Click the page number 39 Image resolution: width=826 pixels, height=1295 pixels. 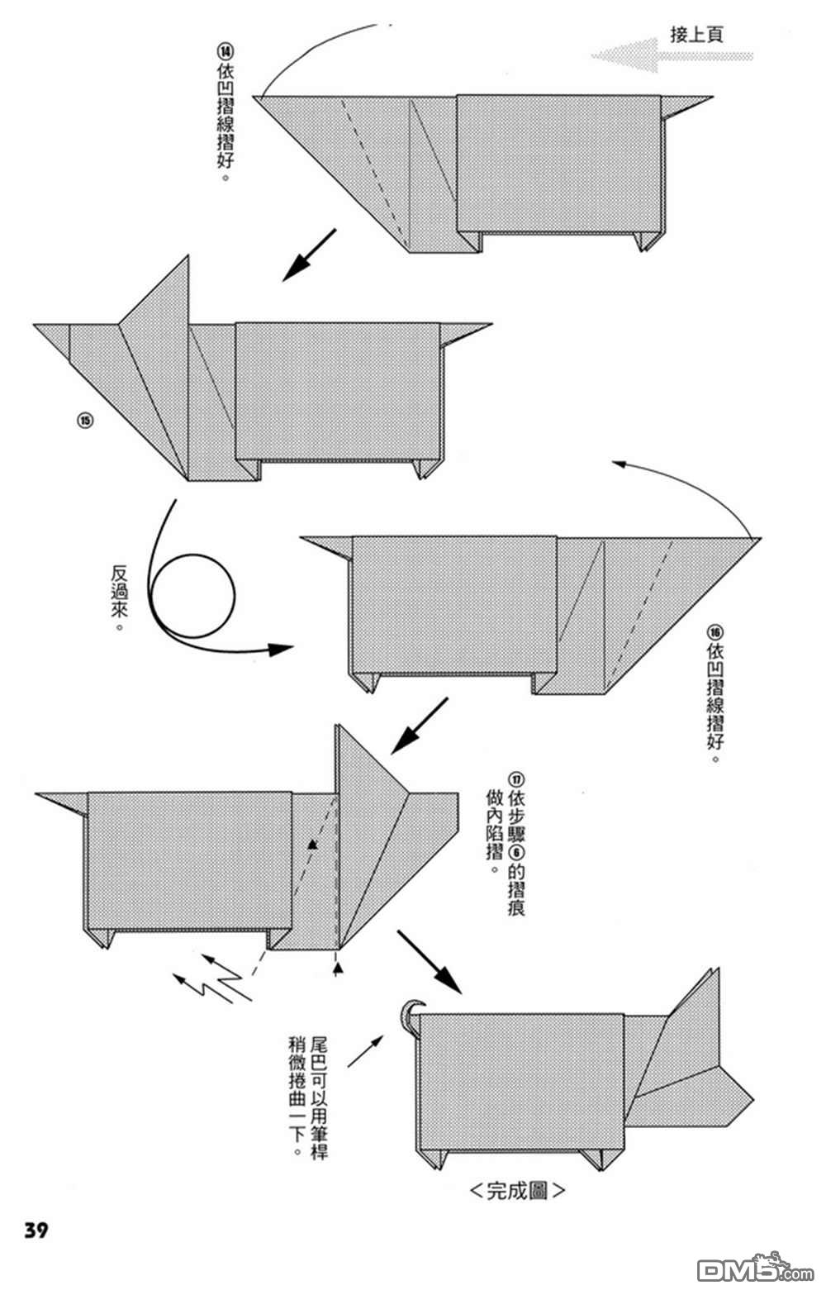pos(36,1230)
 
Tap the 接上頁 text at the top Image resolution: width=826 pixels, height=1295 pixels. pos(696,35)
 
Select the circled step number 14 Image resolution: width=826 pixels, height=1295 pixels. pos(225,51)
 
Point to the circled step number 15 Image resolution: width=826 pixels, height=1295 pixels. pos(85,421)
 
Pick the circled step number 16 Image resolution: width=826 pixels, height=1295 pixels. pos(715,631)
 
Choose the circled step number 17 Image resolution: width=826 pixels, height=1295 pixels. pos(516,780)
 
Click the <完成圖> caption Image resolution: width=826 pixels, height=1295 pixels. pos(517,1191)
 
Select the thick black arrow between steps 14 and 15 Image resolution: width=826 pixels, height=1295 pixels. pos(309,255)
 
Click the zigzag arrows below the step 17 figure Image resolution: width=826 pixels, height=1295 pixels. pos(212,978)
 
